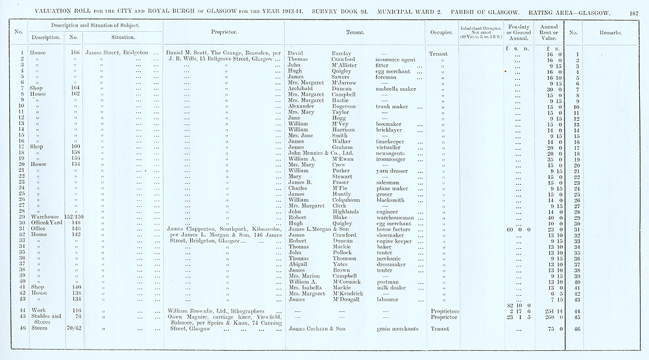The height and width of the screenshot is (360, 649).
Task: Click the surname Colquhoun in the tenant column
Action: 341,200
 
